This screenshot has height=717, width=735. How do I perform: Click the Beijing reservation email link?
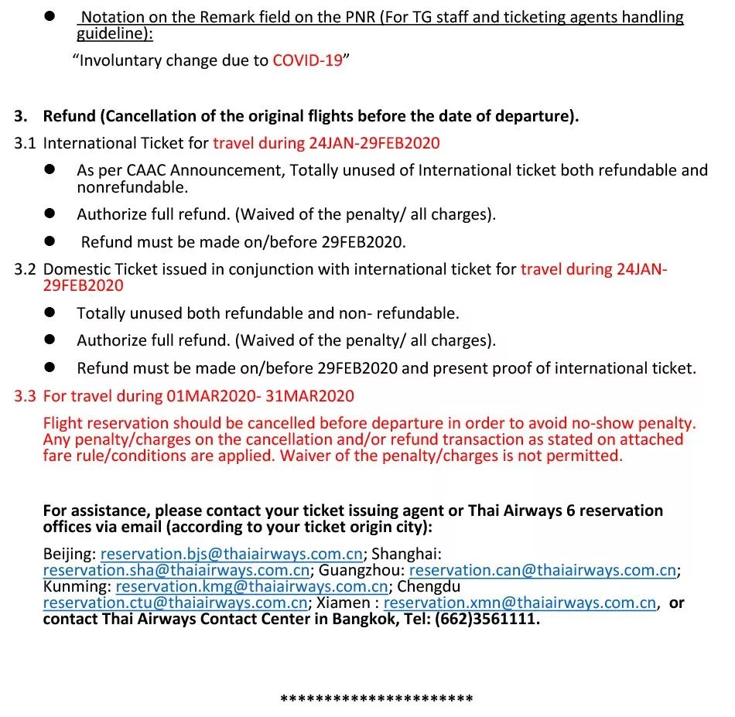point(231,554)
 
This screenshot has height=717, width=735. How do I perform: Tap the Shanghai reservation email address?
point(176,571)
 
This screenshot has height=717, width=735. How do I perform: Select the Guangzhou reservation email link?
point(542,571)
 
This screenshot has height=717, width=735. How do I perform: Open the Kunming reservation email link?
point(251,587)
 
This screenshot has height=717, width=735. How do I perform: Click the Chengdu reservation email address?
point(175,603)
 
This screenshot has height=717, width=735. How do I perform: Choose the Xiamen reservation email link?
point(520,603)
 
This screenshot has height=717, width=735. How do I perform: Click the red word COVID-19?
point(307,60)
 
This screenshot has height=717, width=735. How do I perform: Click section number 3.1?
point(25,143)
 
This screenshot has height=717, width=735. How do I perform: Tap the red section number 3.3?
point(25,397)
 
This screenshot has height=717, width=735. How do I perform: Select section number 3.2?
point(25,270)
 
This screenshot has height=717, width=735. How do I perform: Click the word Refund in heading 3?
point(68,117)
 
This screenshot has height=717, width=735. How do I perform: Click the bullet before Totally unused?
point(50,312)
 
